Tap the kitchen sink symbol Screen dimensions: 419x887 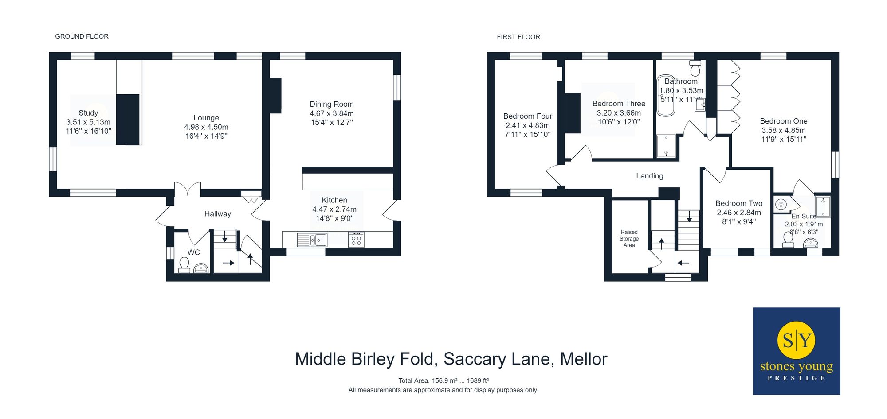pos(312,240)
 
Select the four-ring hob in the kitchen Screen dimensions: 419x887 pos(356,240)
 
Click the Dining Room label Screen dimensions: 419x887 pos(332,104)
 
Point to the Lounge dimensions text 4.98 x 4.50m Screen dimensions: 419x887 pos(206,127)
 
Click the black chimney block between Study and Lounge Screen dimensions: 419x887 pos(128,119)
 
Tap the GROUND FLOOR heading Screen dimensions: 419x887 pos(82,36)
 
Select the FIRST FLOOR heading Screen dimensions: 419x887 pos(518,37)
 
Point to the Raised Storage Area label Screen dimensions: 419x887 pos(629,239)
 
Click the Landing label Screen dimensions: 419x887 pos(649,176)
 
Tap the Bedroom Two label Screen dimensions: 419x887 pos(739,203)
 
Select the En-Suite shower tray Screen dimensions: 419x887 pos(823,206)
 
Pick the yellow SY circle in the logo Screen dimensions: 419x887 pos(797,340)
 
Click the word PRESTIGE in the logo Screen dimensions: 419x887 pos(797,378)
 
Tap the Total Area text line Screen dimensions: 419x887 pos(443,380)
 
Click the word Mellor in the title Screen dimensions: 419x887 pos(583,359)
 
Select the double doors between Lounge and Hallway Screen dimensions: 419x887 pos(188,190)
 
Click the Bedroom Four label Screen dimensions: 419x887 pos(527,116)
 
